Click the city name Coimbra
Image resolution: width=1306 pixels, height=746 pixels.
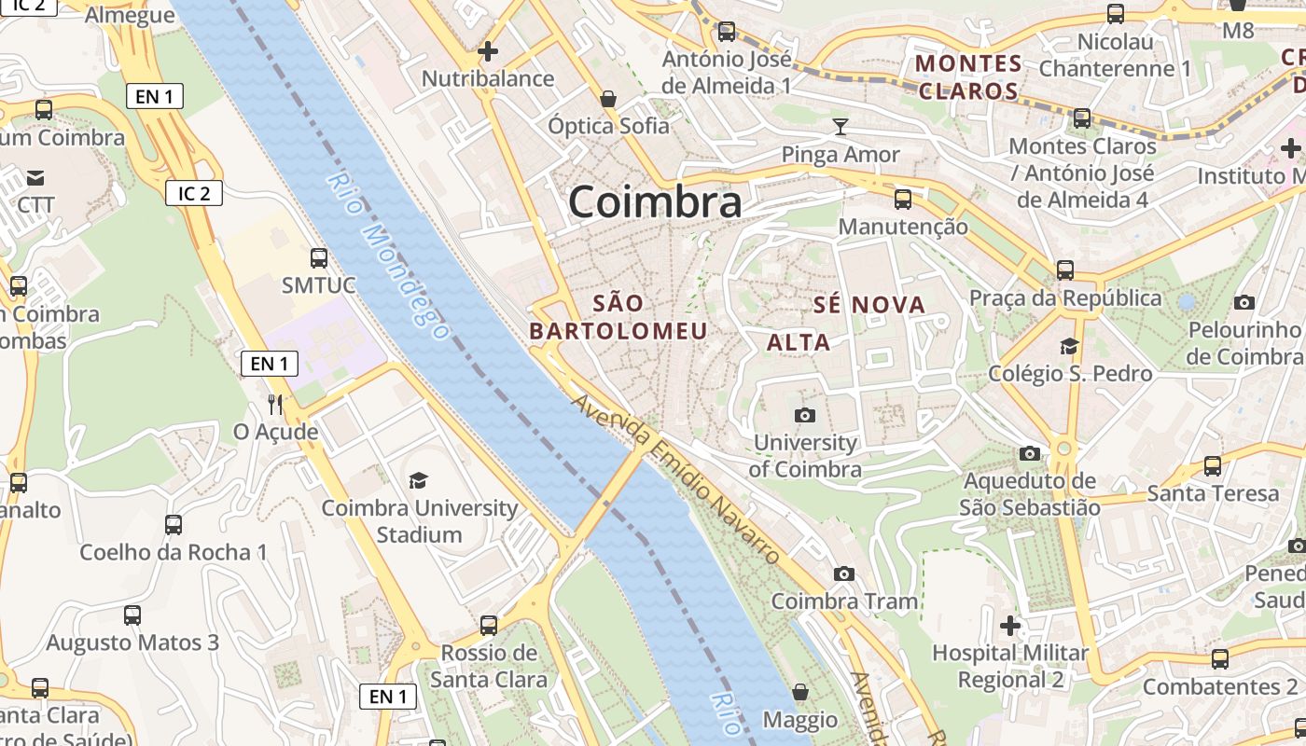[x=654, y=201]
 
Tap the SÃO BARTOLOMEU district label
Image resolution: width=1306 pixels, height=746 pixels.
[x=618, y=317]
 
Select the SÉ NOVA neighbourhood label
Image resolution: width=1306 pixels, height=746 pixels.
[x=868, y=305]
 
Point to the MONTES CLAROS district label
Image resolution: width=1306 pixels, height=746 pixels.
[x=969, y=77]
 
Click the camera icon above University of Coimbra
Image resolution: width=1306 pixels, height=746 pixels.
[x=804, y=415]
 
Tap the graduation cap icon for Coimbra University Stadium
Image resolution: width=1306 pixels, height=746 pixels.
[x=419, y=480]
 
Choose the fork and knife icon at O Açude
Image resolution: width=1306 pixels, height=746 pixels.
[x=275, y=404]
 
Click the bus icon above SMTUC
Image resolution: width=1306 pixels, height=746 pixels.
[x=319, y=258]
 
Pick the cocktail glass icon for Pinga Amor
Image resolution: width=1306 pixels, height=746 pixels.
[x=841, y=126]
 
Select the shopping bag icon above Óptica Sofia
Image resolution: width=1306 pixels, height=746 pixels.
[x=608, y=98]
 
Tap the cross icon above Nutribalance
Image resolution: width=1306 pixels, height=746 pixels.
[x=487, y=51]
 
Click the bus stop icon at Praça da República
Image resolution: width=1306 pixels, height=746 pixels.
[x=1065, y=270]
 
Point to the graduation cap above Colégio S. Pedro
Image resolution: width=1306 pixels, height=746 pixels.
[x=1069, y=347]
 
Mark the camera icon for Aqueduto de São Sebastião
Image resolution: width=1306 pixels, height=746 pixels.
[x=1030, y=454]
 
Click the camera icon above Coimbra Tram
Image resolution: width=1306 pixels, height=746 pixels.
[x=844, y=573]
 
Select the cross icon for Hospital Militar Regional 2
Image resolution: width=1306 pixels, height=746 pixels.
[x=1010, y=625]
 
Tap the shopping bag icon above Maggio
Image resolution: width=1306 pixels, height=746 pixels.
[x=799, y=692]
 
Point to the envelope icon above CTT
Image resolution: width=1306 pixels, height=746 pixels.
[x=35, y=177]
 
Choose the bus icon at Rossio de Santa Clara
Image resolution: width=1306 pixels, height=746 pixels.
[x=489, y=626]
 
